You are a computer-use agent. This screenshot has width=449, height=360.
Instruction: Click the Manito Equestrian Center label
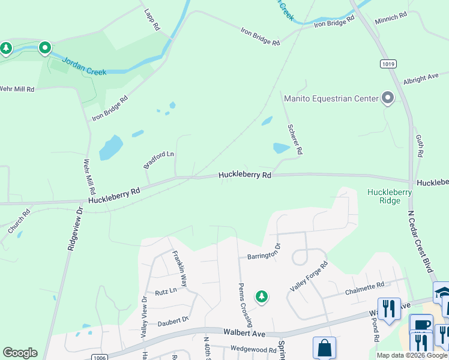(x=331, y=98)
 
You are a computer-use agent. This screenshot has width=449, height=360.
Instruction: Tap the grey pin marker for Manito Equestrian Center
(x=388, y=98)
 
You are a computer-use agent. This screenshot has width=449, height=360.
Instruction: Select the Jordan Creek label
(x=84, y=67)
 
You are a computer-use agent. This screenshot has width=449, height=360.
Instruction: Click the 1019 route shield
(x=387, y=64)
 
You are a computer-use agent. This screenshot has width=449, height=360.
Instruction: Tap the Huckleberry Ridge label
(x=390, y=196)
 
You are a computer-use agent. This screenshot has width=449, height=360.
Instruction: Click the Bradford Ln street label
(x=158, y=160)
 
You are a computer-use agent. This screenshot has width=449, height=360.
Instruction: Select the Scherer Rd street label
(x=294, y=139)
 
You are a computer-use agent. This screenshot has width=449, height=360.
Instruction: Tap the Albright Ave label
(x=421, y=79)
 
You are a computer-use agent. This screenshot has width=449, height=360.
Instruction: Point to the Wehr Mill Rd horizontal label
(x=17, y=89)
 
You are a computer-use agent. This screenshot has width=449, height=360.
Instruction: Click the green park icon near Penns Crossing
(x=261, y=296)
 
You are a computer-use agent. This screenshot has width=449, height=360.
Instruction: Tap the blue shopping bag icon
(x=324, y=348)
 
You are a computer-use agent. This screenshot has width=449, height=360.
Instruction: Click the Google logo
(x=20, y=353)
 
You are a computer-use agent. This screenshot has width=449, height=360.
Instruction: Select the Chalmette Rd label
(x=364, y=289)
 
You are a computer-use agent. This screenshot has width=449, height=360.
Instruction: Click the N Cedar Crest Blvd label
(x=420, y=240)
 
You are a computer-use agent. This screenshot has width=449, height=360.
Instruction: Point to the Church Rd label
(x=19, y=221)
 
